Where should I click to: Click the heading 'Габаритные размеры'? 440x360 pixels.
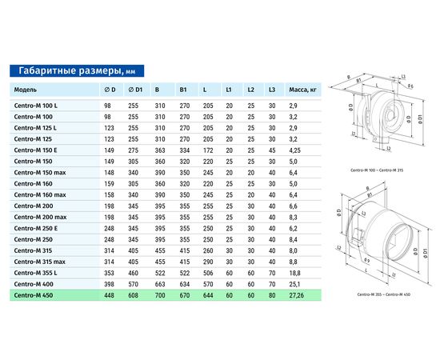coord(70,70)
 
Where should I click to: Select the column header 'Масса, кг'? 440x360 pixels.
coord(302,90)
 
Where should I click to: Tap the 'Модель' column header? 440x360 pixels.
coord(26,90)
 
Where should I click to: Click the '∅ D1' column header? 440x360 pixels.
coord(135,90)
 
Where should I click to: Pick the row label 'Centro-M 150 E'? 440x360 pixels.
coord(35,150)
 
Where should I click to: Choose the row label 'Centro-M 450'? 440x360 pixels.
coord(34,295)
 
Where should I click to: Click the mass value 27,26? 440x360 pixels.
coord(296,295)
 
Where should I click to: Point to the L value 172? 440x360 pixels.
coord(208,150)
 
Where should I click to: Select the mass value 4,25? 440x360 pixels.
coord(294,150)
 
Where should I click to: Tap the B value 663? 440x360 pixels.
coord(160,284)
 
